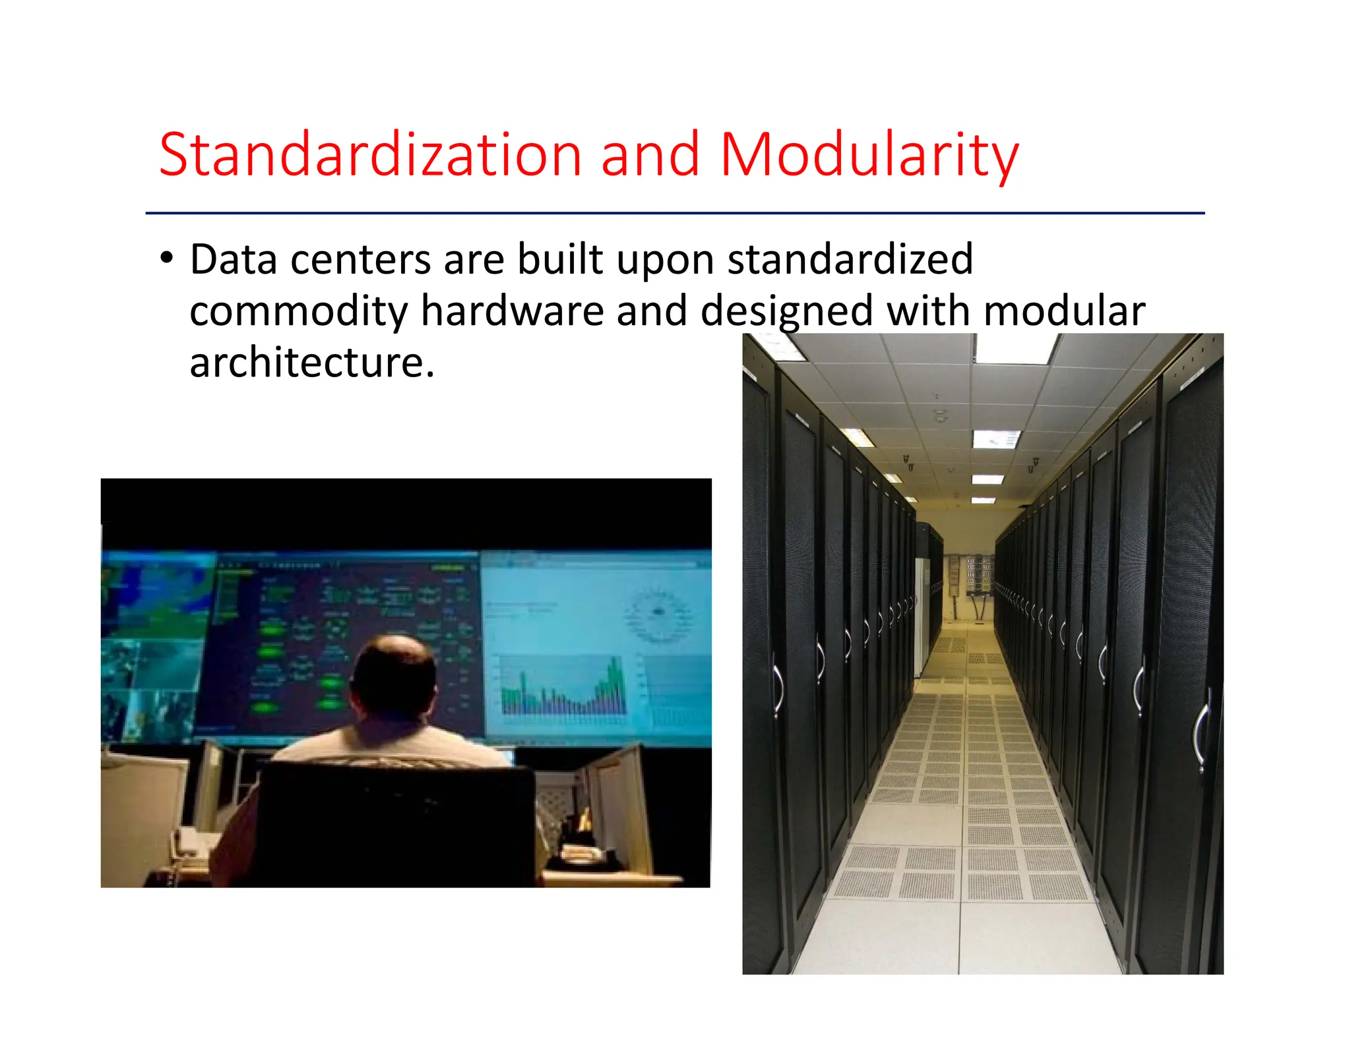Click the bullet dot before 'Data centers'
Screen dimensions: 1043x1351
click(167, 258)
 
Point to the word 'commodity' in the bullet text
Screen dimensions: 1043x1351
click(298, 311)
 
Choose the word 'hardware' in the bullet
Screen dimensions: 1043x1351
click(512, 311)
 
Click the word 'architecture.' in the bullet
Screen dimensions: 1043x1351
click(312, 362)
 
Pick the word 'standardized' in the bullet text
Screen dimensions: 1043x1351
click(850, 258)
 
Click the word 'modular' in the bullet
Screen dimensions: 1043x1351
click(1064, 311)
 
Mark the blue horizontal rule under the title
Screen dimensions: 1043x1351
click(675, 213)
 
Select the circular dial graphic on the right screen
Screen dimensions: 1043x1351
click(657, 614)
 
